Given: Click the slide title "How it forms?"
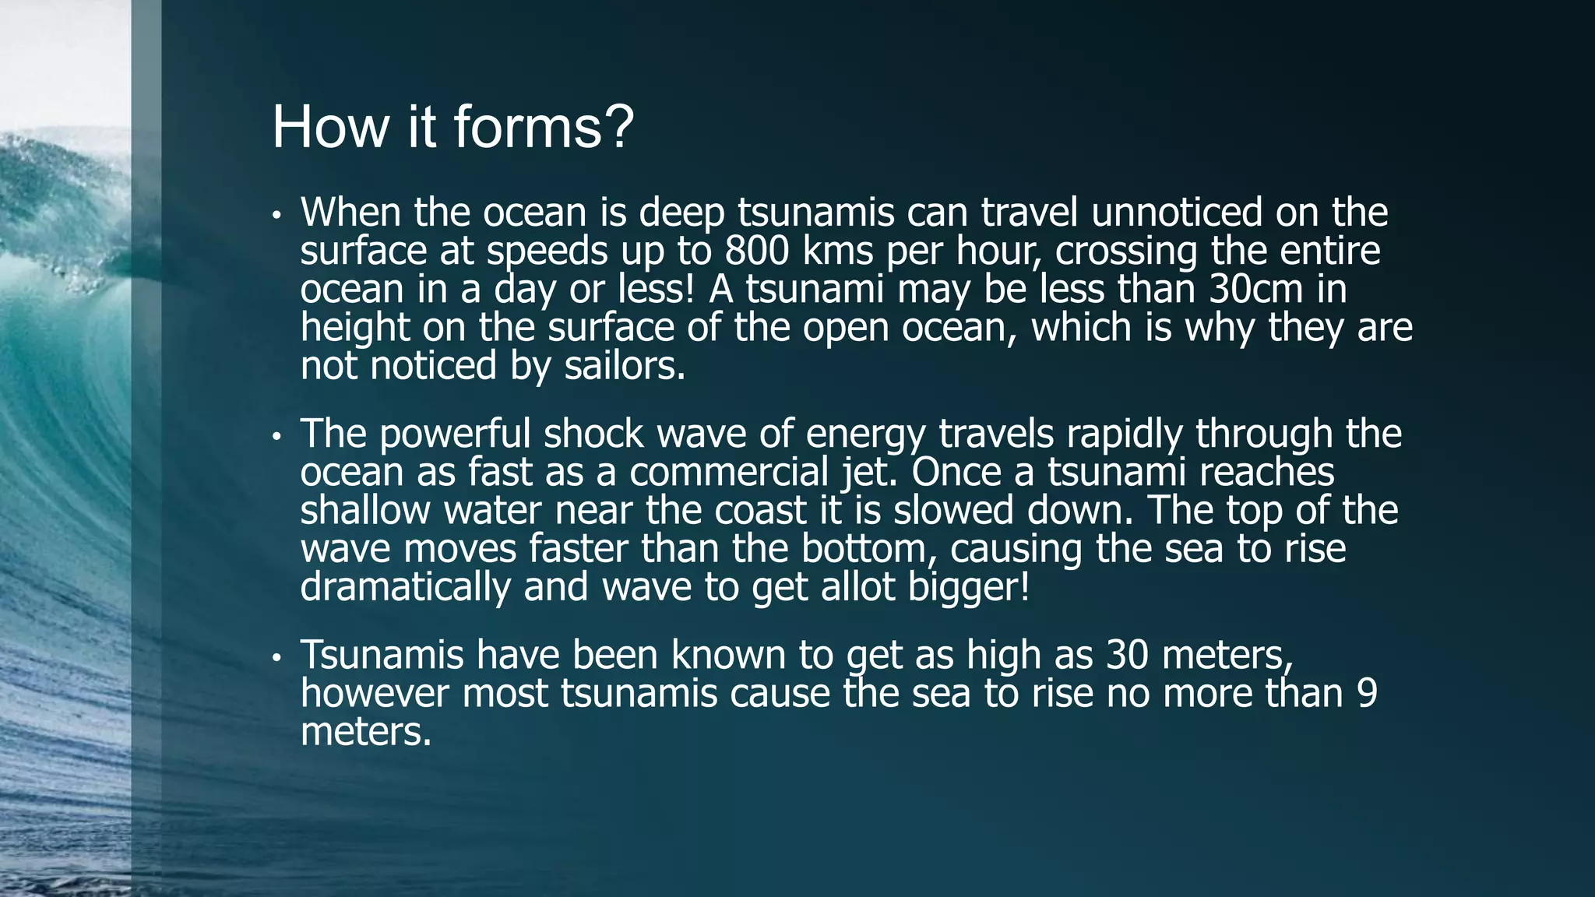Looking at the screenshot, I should pyautogui.click(x=452, y=127).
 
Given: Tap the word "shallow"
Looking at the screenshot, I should pyautogui.click(x=364, y=510).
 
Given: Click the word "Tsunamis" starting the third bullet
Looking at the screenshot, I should pyautogui.click(x=382, y=654).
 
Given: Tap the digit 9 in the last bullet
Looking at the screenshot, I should pyautogui.click(x=1367, y=693).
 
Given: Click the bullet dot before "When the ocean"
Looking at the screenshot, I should pyautogui.click(x=276, y=216).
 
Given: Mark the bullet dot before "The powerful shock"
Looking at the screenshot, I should pyautogui.click(x=276, y=437).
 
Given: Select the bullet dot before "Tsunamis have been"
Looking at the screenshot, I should pyautogui.click(x=276, y=658).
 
